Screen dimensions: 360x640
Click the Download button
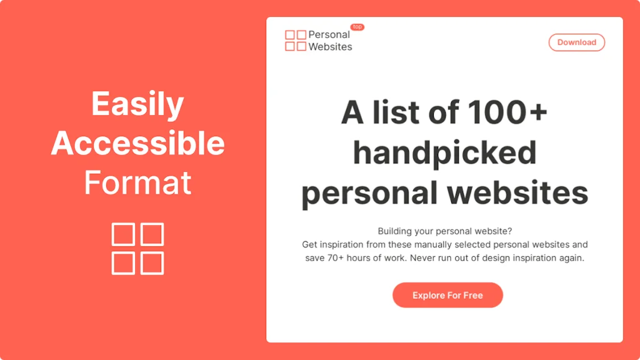576,42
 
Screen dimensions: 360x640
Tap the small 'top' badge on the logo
357,27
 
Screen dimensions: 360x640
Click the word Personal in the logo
329,34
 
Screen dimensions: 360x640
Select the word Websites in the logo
330,47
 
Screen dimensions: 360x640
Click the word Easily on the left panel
137,104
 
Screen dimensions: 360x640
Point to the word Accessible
137,144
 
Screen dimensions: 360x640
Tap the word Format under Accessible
137,183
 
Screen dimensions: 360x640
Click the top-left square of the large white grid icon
123,234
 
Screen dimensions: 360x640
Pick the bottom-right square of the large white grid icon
152,263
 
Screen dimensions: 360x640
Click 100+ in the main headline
507,113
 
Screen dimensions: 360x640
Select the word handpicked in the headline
444,153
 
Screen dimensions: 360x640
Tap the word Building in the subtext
396,231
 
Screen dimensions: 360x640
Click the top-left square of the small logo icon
290,35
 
